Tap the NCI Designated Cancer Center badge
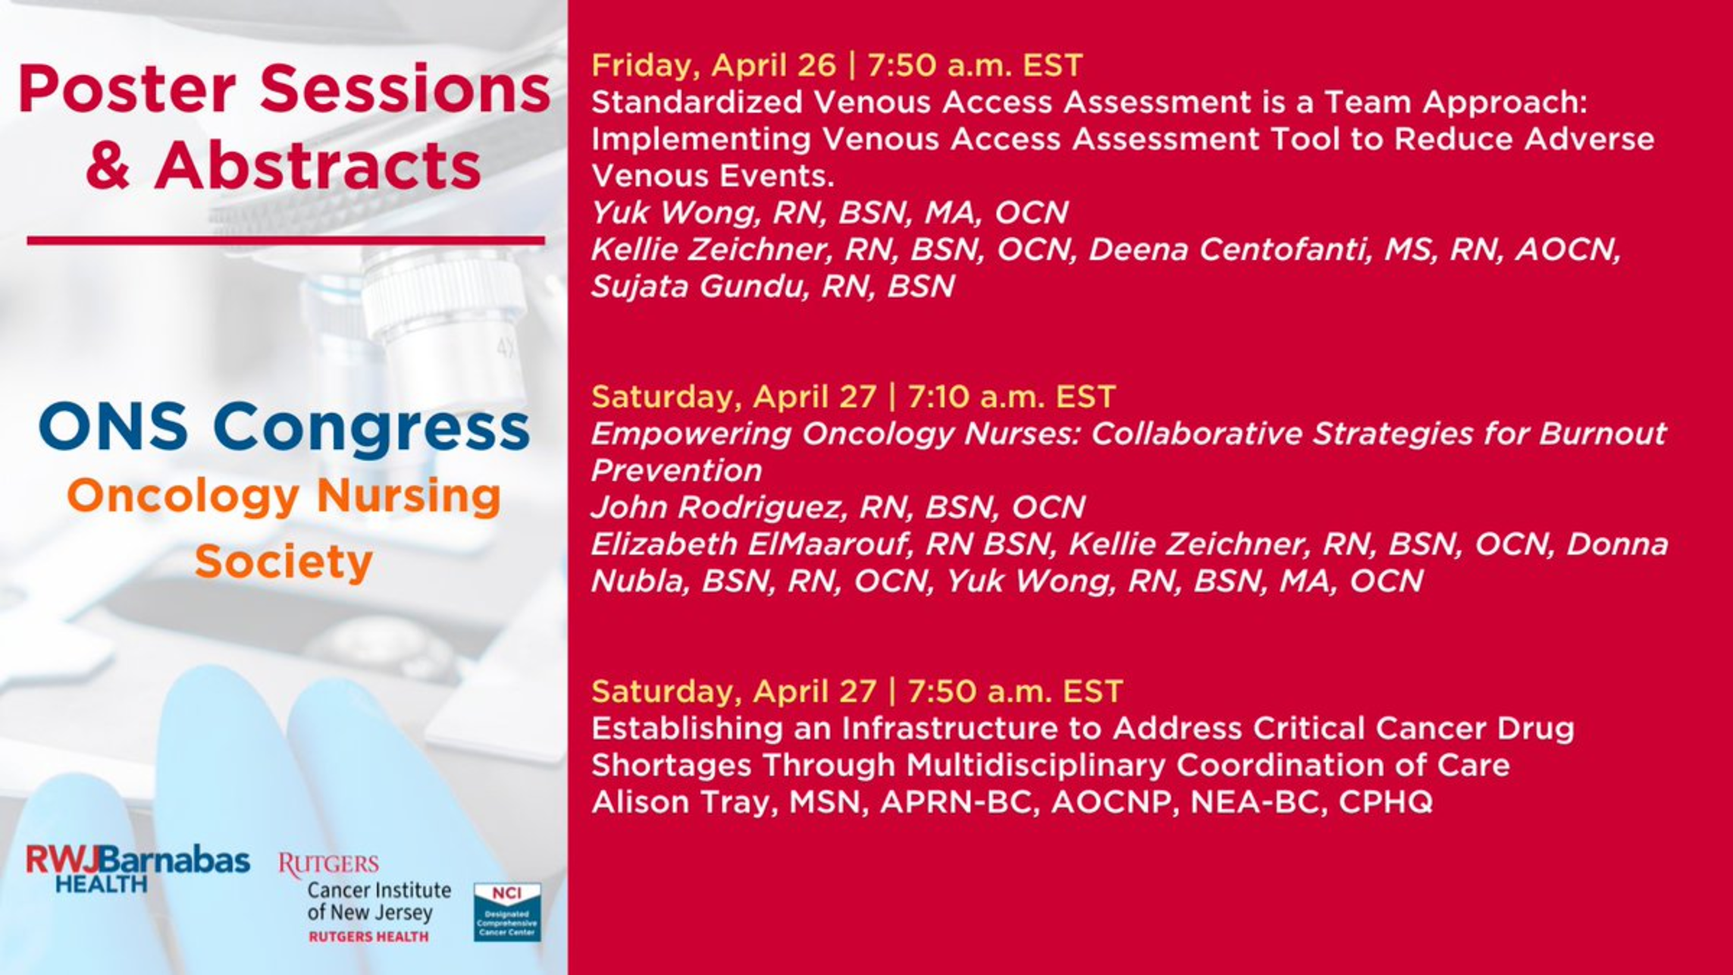(507, 912)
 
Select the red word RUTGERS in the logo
(329, 865)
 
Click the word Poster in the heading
(127, 89)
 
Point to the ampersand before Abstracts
(108, 165)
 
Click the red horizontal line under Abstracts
(286, 240)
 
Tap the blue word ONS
(114, 427)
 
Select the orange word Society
(284, 562)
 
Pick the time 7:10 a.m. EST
(1011, 397)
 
